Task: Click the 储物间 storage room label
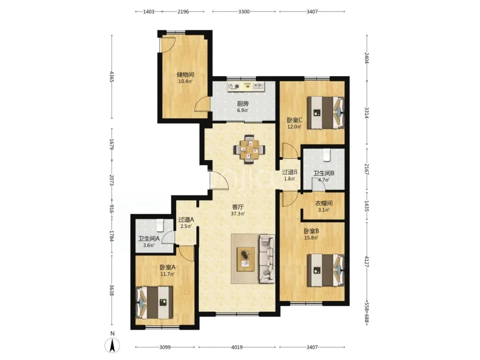pyautogui.click(x=185, y=74)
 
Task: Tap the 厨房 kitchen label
pyautogui.click(x=243, y=104)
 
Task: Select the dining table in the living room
pyautogui.click(x=249, y=149)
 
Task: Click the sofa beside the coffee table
pyautogui.click(x=268, y=258)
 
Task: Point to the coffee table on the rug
pyautogui.click(x=246, y=259)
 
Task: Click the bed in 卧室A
pyautogui.click(x=154, y=303)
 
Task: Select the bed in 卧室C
pyautogui.click(x=326, y=112)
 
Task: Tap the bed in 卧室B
pyautogui.click(x=326, y=270)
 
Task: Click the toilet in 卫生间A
pyautogui.click(x=160, y=225)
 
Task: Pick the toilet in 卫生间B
pyautogui.click(x=327, y=155)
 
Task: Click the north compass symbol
pyautogui.click(x=112, y=346)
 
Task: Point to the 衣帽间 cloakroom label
pyautogui.click(x=324, y=203)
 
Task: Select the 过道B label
pyautogui.click(x=290, y=172)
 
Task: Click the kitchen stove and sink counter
pyautogui.click(x=246, y=87)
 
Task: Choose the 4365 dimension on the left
pyautogui.click(x=112, y=76)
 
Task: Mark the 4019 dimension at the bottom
pyautogui.click(x=236, y=347)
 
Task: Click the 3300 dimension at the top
pyautogui.click(x=244, y=12)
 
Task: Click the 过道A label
pyautogui.click(x=186, y=220)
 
